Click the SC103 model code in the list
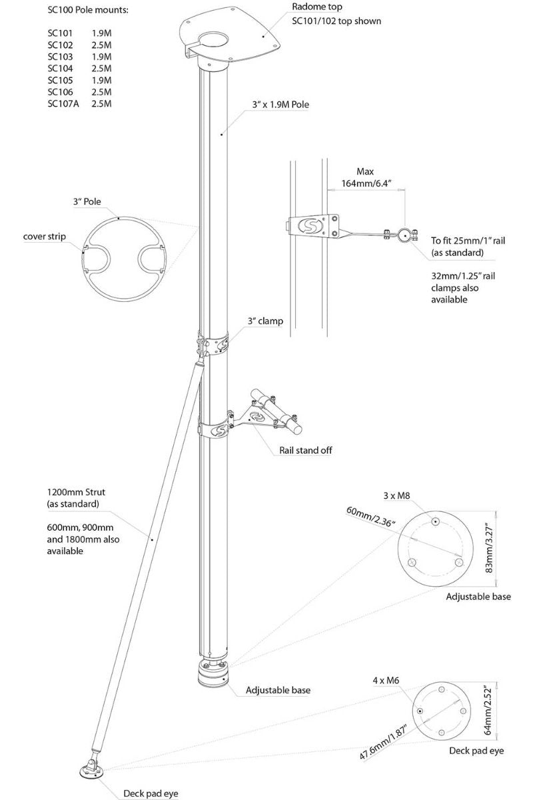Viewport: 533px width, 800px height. pyautogui.click(x=59, y=57)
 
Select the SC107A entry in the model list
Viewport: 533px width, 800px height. pyautogui.click(x=63, y=104)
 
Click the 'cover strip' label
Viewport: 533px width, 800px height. pyautogui.click(x=45, y=236)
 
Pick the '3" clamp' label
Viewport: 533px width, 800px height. pyautogui.click(x=265, y=321)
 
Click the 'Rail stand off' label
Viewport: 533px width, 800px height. pyautogui.click(x=306, y=450)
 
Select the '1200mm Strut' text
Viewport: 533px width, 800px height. pyautogui.click(x=76, y=492)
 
